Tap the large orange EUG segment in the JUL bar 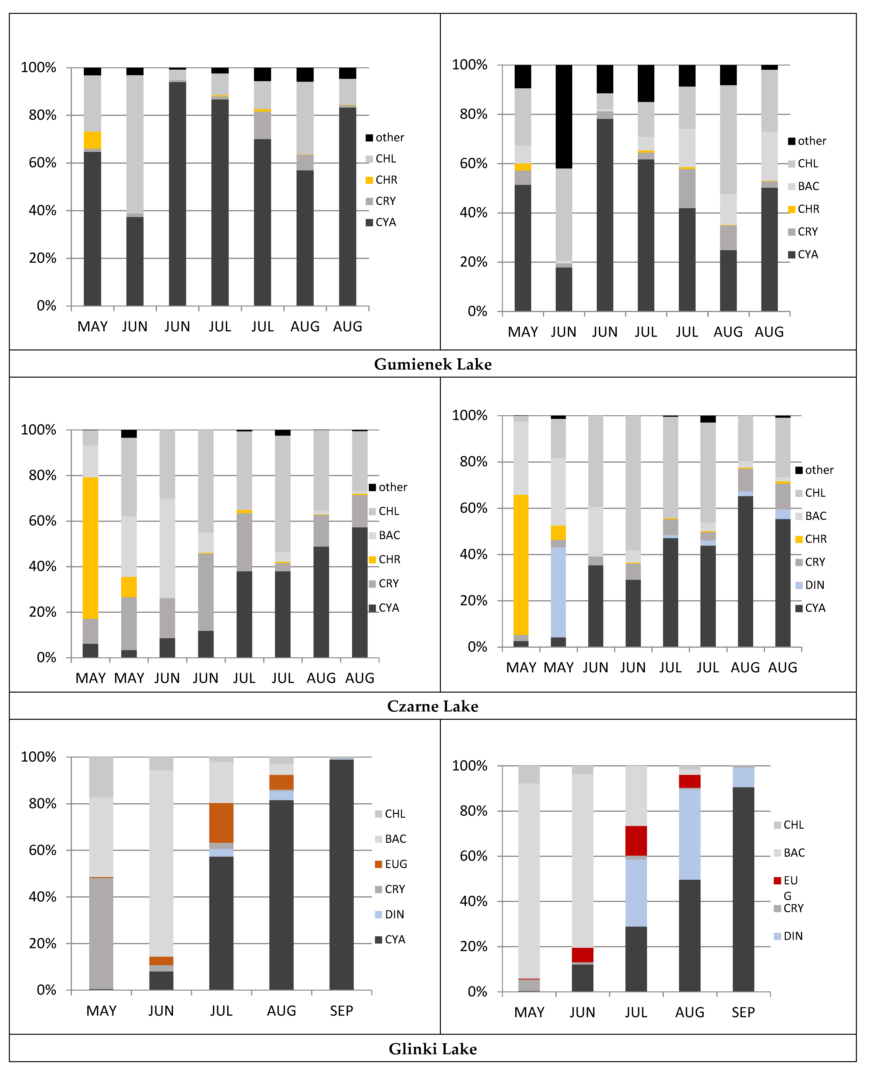click(x=221, y=823)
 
